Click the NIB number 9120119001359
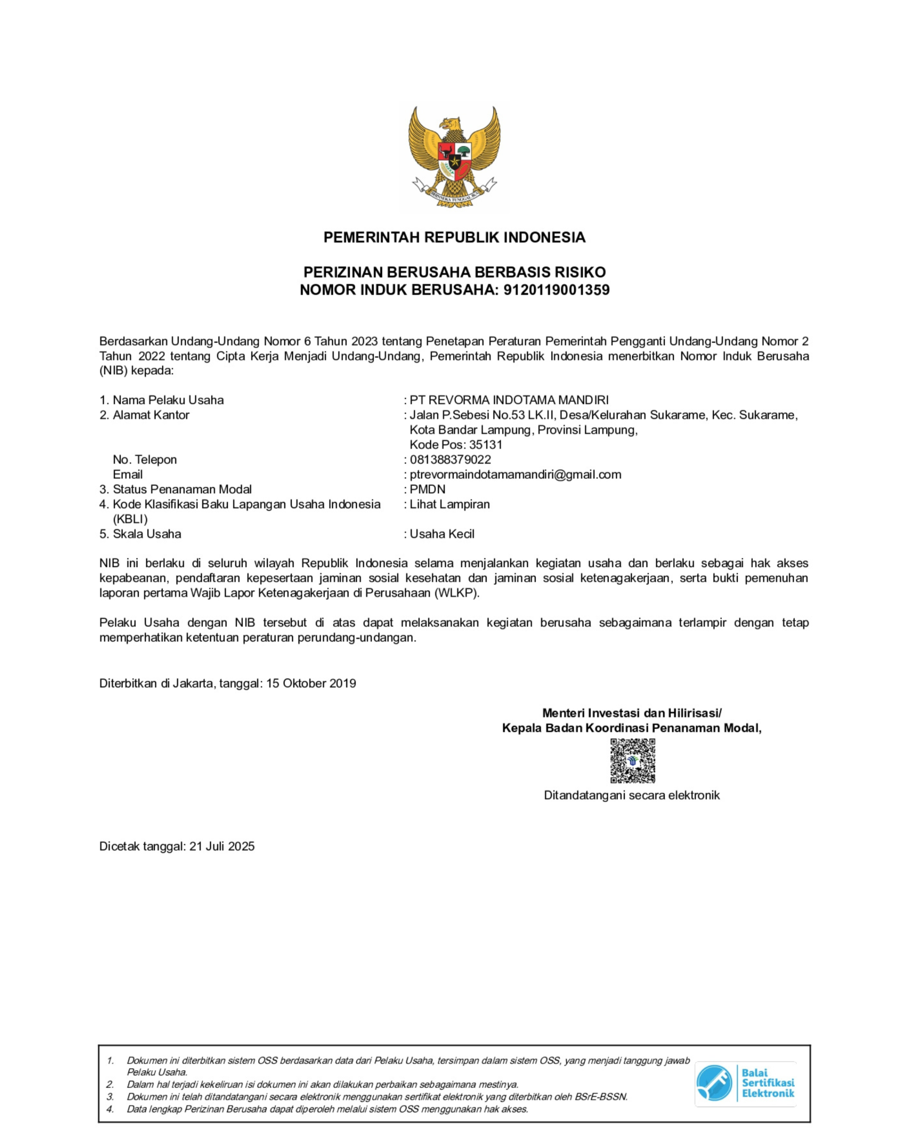coord(556,290)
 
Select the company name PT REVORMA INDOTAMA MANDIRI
coord(509,400)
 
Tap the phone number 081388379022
coord(450,460)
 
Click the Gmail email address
coord(515,474)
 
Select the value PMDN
coord(427,489)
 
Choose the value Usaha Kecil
coord(442,534)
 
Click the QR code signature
coord(632,761)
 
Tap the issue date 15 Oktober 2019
coord(311,683)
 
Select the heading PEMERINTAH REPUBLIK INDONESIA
coord(454,238)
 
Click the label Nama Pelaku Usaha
coord(168,400)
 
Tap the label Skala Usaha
coord(146,534)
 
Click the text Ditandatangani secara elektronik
coord(631,795)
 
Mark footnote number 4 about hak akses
coord(326,1109)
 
